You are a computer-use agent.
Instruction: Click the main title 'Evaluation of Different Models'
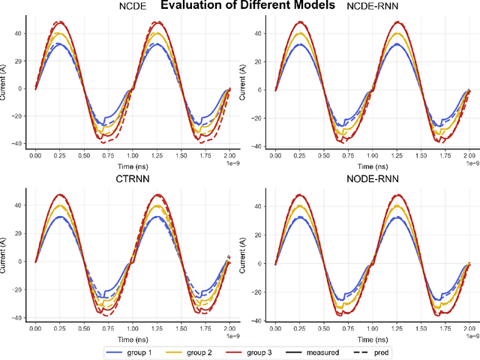pyautogui.click(x=240, y=6)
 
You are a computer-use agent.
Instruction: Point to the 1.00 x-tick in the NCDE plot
pyautogui.click(x=131, y=155)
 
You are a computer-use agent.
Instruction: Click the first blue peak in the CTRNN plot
pyautogui.click(x=60, y=217)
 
